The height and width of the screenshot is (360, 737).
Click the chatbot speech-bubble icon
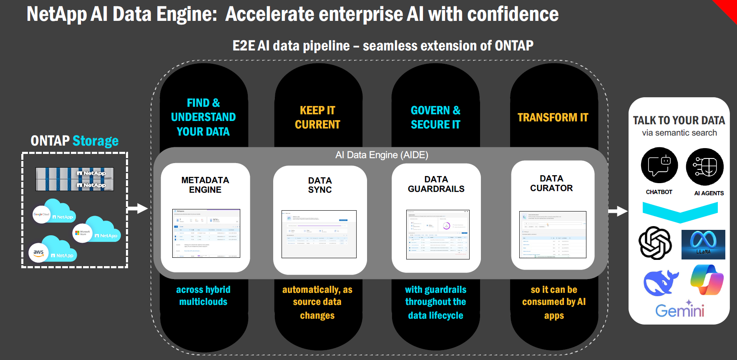tap(659, 166)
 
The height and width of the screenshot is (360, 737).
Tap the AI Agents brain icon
tap(704, 167)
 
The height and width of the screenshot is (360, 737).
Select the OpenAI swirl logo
tap(655, 243)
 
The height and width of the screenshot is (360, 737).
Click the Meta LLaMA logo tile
tap(703, 244)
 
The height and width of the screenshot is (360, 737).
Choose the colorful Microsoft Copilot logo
tap(707, 280)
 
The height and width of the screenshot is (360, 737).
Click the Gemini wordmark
tap(679, 310)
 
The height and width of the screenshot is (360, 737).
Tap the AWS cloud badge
tap(39, 252)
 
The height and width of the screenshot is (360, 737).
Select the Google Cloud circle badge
tap(41, 214)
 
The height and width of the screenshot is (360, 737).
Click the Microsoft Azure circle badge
tap(82, 233)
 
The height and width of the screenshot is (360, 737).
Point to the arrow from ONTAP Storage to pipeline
tap(138, 209)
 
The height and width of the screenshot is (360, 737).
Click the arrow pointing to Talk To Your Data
tap(618, 211)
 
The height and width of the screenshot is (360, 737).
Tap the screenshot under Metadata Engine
tap(206, 233)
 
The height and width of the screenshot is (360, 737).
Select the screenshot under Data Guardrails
tap(438, 234)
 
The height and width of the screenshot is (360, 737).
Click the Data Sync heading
tap(320, 185)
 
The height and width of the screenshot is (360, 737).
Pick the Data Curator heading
tap(551, 183)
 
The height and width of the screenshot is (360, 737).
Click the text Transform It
tap(553, 118)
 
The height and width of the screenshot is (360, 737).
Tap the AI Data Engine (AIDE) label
tap(382, 155)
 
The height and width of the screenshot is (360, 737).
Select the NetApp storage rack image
tap(75, 179)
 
